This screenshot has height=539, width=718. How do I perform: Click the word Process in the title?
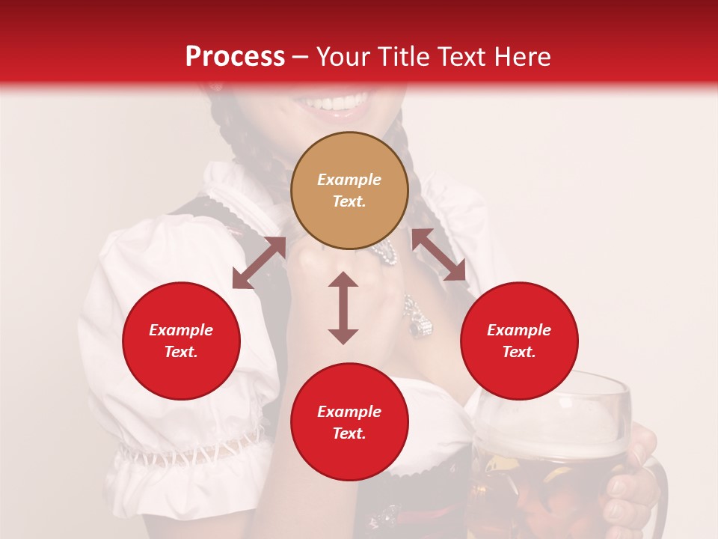coord(235,57)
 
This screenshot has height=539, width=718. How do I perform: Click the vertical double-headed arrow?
coord(343,308)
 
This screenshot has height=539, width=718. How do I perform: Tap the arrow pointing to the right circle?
coord(439,255)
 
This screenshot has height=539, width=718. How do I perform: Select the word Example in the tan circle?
coord(349,180)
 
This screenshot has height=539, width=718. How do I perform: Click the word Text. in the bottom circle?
coord(349,433)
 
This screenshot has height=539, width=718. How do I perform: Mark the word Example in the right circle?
coord(519,330)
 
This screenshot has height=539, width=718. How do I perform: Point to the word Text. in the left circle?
coord(181,352)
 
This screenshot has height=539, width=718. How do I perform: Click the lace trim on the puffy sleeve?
coord(187,453)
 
